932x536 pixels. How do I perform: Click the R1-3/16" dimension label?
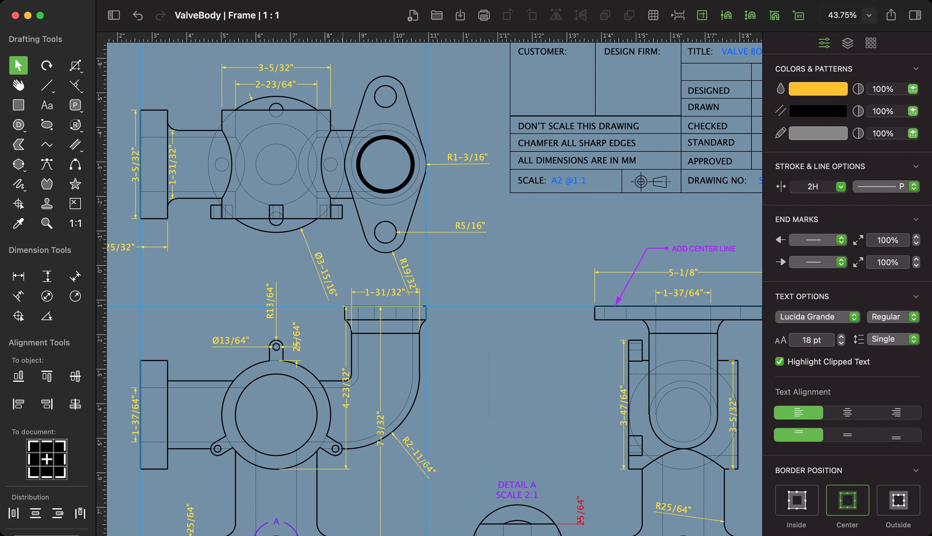coord(467,157)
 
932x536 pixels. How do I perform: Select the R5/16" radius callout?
coord(470,226)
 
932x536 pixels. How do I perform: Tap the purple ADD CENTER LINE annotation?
coord(703,248)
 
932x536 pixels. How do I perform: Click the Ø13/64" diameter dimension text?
coord(230,340)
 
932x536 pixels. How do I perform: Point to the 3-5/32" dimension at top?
coord(276,68)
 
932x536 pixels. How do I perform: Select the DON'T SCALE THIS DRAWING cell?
coord(578,126)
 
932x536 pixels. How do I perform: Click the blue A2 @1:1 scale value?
coord(568,180)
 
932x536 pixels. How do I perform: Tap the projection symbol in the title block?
coord(651,181)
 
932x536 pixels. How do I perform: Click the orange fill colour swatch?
coord(817,89)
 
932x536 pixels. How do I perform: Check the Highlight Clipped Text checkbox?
coord(779,362)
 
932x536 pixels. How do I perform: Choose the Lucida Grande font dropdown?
coord(817,317)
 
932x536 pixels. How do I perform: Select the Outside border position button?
coord(898,500)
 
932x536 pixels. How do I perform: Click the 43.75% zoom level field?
coord(842,15)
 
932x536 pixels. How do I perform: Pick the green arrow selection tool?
coord(18,65)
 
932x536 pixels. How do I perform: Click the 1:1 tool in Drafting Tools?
coord(75,223)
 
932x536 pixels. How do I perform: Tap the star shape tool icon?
coord(75,184)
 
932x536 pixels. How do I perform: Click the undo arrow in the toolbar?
coord(137,16)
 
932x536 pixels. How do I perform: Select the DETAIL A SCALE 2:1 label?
coord(516,490)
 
